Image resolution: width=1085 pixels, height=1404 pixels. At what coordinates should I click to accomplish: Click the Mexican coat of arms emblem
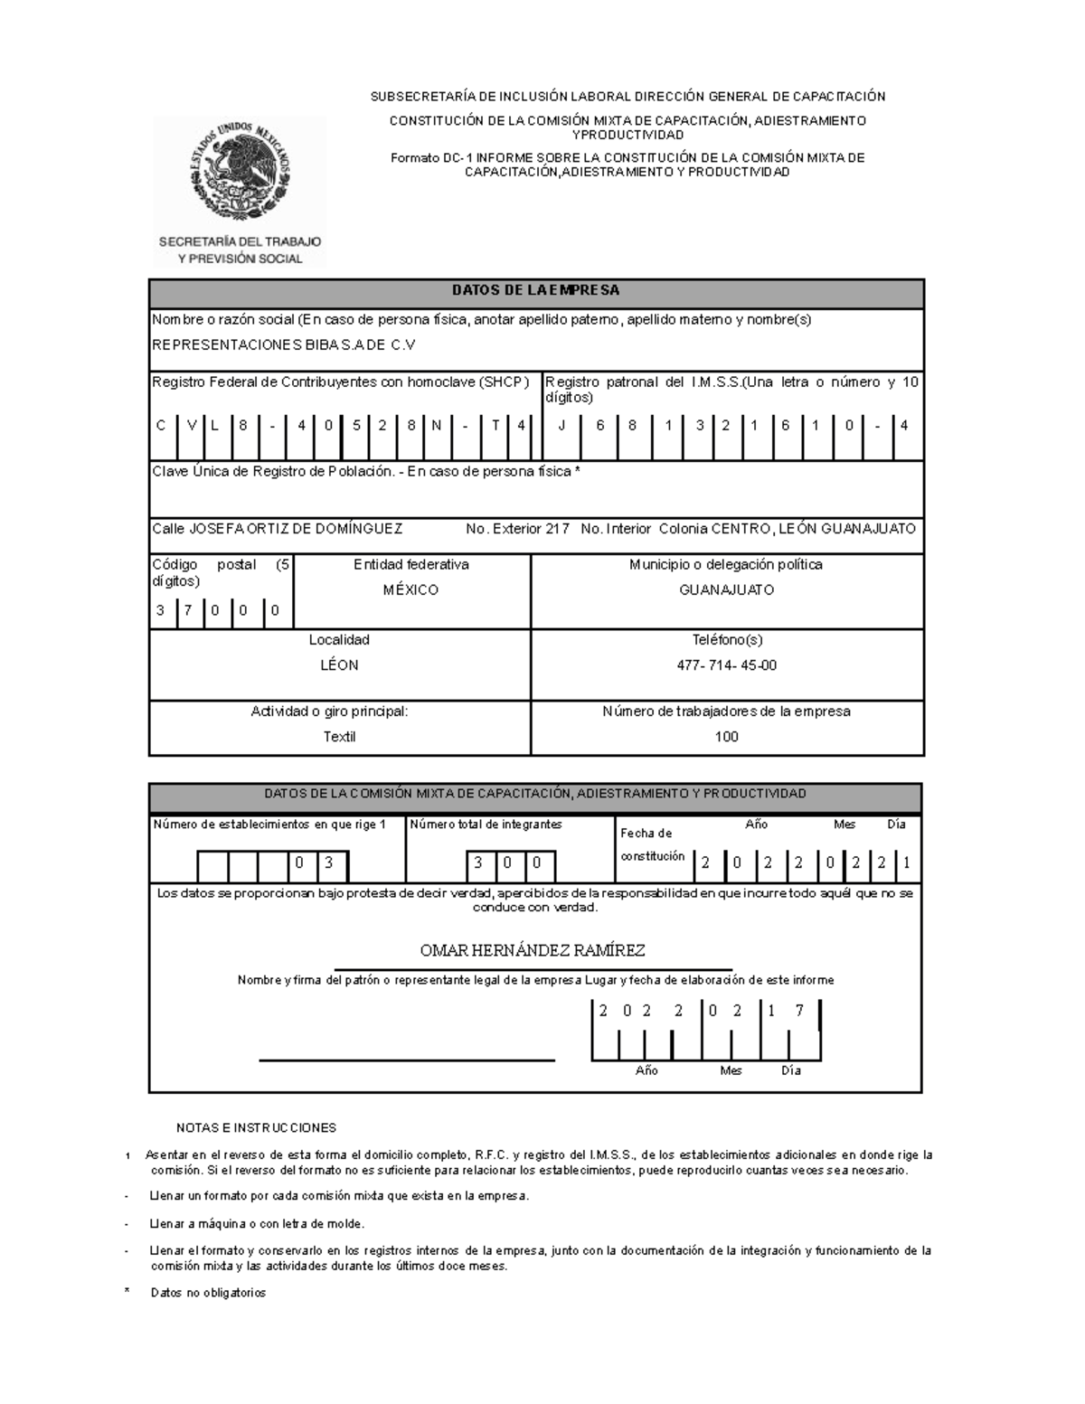[x=241, y=172]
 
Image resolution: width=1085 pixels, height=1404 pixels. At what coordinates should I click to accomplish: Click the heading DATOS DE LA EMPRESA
[x=535, y=291]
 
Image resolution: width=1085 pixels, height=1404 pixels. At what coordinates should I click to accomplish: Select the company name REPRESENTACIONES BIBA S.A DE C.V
[x=284, y=345]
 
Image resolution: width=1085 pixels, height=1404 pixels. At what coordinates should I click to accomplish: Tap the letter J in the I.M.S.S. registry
[x=561, y=426]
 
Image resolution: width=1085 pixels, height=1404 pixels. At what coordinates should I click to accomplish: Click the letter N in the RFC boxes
[x=436, y=426]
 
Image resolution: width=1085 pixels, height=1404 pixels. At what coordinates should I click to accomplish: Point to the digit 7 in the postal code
[x=188, y=610]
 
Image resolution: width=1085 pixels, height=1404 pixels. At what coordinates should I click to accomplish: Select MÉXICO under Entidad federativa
[x=410, y=590]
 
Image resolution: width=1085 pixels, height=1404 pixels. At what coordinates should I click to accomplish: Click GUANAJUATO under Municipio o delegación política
[x=726, y=590]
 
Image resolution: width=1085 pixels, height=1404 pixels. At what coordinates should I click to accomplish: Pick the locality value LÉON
[x=339, y=665]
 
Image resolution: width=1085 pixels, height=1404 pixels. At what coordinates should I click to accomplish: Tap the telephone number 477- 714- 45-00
[x=726, y=665]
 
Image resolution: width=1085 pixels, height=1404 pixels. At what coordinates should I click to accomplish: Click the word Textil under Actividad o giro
[x=339, y=737]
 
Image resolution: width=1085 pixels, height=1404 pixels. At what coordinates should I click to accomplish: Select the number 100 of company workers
[x=726, y=737]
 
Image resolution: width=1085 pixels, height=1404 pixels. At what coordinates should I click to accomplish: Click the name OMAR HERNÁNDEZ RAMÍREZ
[x=533, y=951]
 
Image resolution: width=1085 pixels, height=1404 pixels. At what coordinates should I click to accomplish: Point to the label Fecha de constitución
[x=652, y=845]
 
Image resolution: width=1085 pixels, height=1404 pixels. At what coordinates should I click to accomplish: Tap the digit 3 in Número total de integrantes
[x=478, y=863]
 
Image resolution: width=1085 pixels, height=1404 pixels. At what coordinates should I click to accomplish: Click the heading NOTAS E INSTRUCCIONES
[x=256, y=1128]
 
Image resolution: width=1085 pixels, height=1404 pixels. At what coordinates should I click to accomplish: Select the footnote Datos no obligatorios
[x=208, y=1293]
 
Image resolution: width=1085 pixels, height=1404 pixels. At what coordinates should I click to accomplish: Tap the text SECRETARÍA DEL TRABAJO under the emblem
[x=240, y=242]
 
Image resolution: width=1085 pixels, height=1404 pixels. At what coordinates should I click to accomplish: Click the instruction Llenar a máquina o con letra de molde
[x=257, y=1224]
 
